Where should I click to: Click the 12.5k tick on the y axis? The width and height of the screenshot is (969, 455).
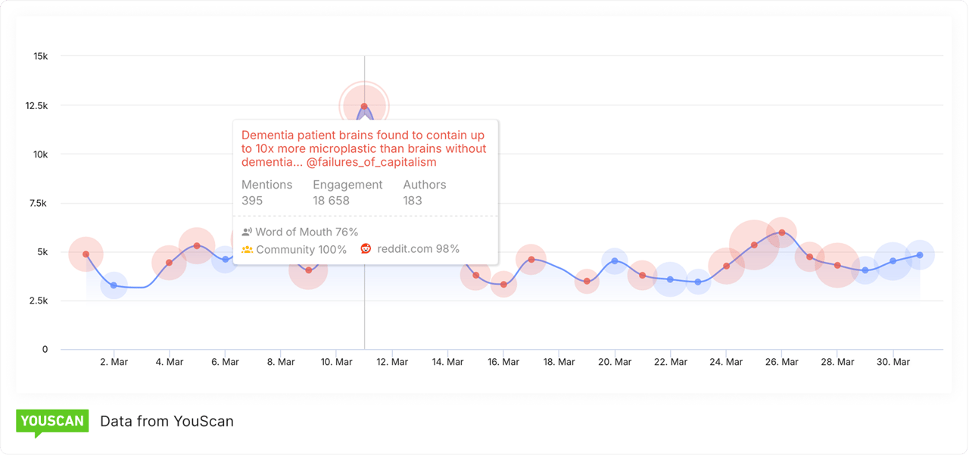coord(35,105)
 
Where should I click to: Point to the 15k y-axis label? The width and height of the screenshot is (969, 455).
coord(40,56)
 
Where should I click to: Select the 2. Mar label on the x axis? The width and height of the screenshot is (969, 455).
coord(114,362)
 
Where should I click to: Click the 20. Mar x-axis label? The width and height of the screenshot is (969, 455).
coord(614,362)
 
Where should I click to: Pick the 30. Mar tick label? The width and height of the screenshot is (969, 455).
coord(893,362)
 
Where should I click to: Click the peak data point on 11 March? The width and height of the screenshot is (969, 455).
coord(364,107)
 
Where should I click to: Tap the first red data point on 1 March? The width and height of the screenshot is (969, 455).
coord(86,254)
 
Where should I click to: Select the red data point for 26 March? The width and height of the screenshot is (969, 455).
coord(781,232)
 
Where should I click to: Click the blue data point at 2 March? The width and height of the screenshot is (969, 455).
coord(114,285)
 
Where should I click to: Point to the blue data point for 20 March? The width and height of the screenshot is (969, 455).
coord(615,260)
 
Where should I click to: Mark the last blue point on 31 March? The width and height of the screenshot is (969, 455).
coord(920,255)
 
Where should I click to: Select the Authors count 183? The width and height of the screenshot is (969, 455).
coord(413,201)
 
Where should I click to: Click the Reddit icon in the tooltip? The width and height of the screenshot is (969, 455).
coord(366,248)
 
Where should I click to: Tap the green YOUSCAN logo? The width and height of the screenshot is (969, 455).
coord(52,422)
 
